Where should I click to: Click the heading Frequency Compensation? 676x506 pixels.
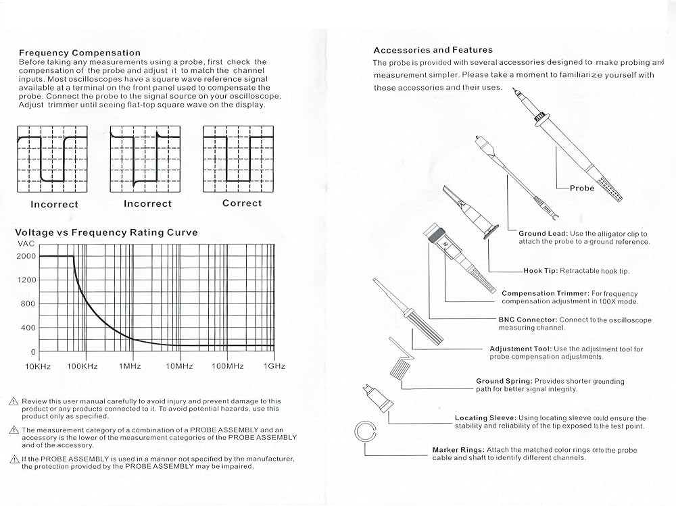80,53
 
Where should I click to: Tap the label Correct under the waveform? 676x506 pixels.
241,203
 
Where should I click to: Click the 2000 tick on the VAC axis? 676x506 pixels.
25,256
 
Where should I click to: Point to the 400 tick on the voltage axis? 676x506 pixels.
28,328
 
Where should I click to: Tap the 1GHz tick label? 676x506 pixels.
273,366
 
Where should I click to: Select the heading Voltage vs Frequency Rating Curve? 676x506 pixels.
106,232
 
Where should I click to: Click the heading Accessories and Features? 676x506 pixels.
433,50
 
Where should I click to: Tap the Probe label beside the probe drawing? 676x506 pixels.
581,188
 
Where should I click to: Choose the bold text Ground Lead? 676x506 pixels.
543,233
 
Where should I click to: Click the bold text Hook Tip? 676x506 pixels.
540,271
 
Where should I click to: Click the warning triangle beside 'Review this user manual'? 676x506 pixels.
14,401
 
